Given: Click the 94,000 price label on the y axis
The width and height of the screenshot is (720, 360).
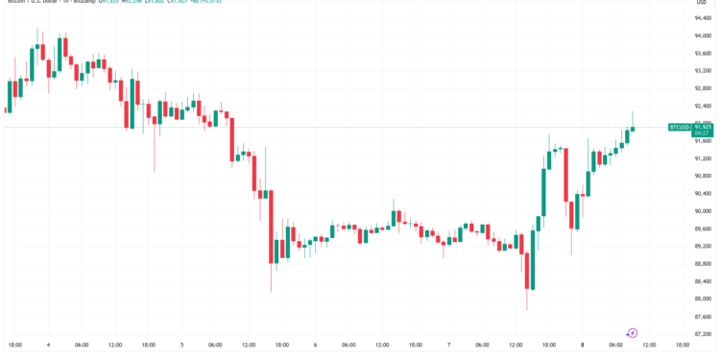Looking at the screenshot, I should click(x=703, y=36).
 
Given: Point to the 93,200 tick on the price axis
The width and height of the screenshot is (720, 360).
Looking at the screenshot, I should click(x=703, y=70).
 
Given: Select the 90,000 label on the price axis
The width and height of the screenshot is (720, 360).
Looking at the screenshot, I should click(x=703, y=211).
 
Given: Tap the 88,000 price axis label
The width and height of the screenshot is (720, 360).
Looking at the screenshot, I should click(x=703, y=299).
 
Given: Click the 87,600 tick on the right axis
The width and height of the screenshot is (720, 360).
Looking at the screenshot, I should click(x=703, y=316).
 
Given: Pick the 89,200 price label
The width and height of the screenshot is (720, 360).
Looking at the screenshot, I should click(x=703, y=246).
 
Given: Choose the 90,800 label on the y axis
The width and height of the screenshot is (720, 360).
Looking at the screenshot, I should click(x=703, y=176).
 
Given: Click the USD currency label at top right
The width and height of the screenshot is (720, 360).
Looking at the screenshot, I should click(x=702, y=3).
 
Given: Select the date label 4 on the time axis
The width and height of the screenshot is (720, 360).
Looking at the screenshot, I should click(x=48, y=345).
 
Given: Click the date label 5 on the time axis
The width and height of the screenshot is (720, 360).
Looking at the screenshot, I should click(x=181, y=345).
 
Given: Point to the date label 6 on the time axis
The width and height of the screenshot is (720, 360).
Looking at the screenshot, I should click(x=315, y=345).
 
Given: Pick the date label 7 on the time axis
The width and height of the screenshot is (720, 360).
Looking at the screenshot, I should click(x=448, y=345).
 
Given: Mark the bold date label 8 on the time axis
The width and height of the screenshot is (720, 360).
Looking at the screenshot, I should click(x=582, y=345).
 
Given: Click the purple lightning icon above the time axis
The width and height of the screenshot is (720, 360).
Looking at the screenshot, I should click(x=632, y=332).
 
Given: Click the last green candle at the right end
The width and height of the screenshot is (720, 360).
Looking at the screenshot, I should click(x=633, y=130).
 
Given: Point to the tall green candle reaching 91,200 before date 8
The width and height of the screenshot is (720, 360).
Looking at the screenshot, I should click(x=544, y=192).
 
